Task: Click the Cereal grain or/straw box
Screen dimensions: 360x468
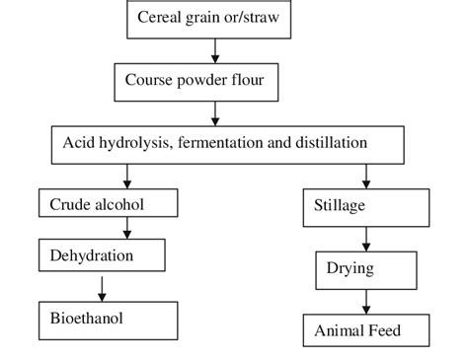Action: (214, 18)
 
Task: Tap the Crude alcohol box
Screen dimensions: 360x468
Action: (109, 204)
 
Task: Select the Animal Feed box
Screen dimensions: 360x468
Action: (365, 329)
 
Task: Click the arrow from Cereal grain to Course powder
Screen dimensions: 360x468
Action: (215, 50)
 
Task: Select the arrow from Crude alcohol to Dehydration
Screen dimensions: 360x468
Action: (126, 229)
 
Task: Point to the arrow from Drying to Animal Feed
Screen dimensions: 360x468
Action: (366, 299)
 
